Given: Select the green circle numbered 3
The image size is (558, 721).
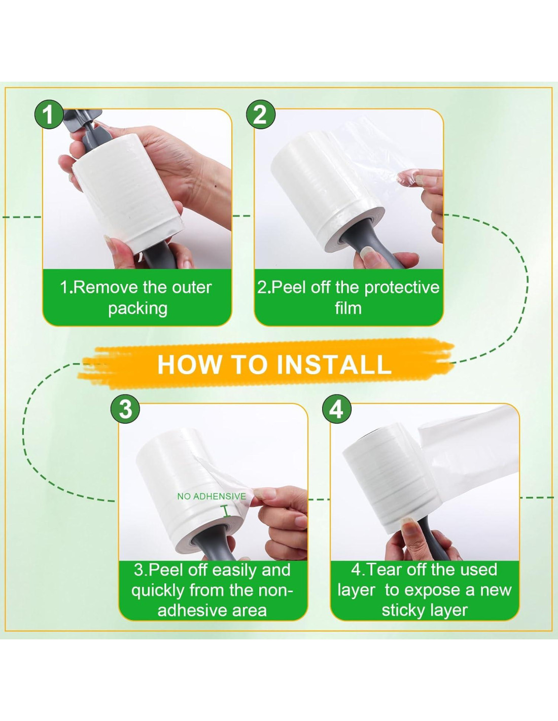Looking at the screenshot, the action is tap(125, 409).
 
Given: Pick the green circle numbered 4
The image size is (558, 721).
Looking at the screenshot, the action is tap(337, 409).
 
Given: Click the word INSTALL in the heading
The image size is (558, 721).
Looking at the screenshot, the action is tap(334, 364).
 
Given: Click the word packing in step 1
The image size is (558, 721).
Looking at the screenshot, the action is tap(138, 309).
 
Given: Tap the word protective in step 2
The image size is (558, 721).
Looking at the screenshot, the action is tap(402, 287).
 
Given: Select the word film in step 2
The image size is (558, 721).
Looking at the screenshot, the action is tap(348, 308).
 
